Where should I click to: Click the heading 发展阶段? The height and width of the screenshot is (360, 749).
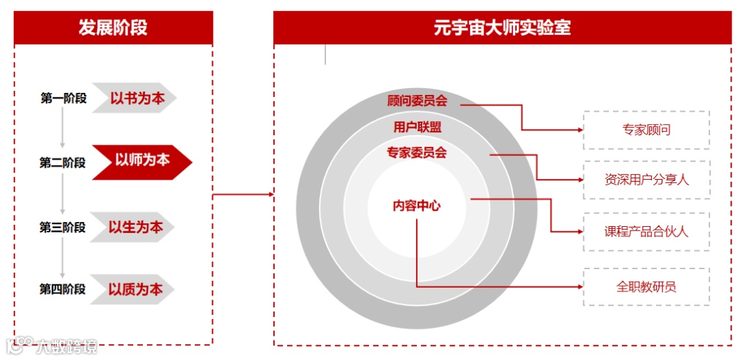113,28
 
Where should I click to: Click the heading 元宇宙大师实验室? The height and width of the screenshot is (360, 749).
502,28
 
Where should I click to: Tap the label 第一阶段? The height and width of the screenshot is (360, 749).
63,98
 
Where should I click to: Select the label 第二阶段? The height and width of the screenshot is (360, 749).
62,163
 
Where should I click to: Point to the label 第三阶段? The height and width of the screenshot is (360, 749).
62,228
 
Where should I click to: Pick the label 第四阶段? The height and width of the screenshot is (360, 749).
62,289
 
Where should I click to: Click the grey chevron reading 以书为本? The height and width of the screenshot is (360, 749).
136,98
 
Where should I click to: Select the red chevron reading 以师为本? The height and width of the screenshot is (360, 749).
141,161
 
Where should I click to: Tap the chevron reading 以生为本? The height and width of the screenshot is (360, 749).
135,227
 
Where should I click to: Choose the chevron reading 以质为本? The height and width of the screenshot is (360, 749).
135,289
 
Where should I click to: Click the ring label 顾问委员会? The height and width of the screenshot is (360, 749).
417,101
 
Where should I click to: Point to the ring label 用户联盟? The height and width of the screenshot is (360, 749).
417,127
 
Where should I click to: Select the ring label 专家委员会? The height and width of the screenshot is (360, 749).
417,153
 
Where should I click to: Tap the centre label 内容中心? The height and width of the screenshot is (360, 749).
416,205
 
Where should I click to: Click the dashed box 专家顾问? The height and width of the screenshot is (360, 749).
646,130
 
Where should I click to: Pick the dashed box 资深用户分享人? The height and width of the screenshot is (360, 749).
646,180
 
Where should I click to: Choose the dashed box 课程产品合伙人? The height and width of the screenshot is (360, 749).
646,232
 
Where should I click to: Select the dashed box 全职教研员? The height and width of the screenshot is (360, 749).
646,286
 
